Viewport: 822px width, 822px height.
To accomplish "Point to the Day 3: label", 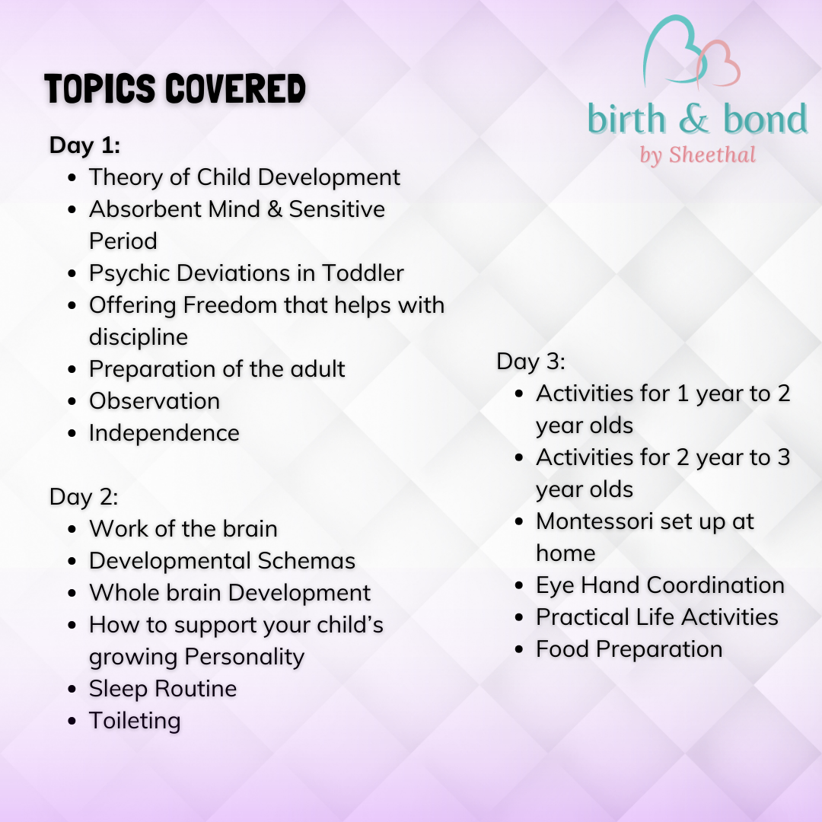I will (x=531, y=361).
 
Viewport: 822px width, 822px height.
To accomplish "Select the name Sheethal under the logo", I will (x=712, y=155).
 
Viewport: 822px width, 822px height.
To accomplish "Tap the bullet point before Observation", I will (x=72, y=401).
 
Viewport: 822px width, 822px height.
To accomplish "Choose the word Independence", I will (x=164, y=432).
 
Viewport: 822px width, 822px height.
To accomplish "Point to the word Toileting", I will (x=135, y=720).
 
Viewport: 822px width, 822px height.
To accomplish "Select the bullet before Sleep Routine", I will (x=72, y=689).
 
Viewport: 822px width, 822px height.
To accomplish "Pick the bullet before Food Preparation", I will (x=519, y=649).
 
